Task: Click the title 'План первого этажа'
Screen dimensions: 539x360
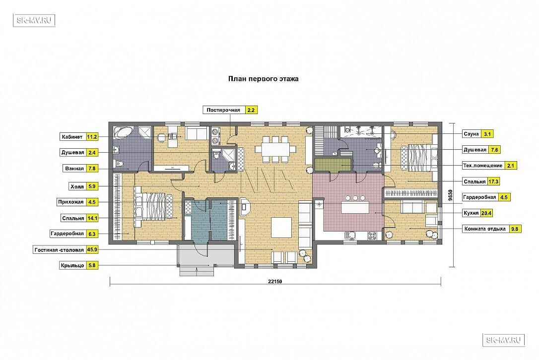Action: [264, 79]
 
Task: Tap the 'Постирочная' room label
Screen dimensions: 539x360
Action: [223, 110]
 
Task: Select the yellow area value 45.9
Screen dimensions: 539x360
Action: [92, 250]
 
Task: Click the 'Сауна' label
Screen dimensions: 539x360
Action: [471, 134]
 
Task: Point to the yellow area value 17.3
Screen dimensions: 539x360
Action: [493, 181]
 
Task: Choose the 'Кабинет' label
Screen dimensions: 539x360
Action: [72, 137]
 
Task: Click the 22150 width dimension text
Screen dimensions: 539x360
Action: [275, 281]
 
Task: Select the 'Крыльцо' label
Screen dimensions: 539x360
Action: [72, 265]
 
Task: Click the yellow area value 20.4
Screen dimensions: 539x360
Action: [486, 213]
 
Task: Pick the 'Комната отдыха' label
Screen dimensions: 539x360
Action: [485, 229]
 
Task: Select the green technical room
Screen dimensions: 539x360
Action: [333, 164]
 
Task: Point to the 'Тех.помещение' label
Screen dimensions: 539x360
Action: [482, 166]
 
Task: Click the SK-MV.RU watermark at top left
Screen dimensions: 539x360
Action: [34, 20]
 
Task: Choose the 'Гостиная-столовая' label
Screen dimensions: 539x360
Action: [59, 250]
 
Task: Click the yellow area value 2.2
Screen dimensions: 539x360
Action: [251, 110]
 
